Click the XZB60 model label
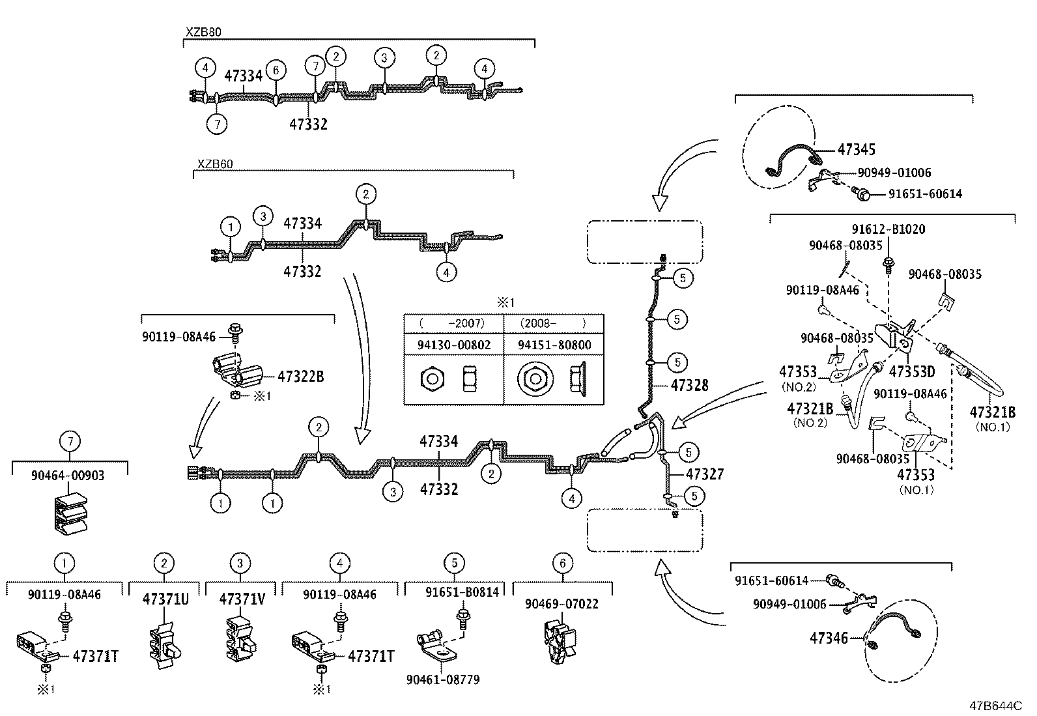click(x=214, y=164)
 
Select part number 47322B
click(x=300, y=377)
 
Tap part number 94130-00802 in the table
click(x=453, y=345)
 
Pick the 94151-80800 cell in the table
click(x=554, y=345)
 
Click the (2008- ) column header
click(x=553, y=323)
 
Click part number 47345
click(x=857, y=150)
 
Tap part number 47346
click(x=829, y=638)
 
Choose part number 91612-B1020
click(x=888, y=229)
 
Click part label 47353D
click(x=911, y=372)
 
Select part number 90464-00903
click(x=67, y=476)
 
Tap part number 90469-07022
click(x=561, y=604)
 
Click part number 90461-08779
click(x=443, y=680)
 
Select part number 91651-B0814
click(x=462, y=592)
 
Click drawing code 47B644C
click(x=995, y=706)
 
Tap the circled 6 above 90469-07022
click(x=563, y=564)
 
